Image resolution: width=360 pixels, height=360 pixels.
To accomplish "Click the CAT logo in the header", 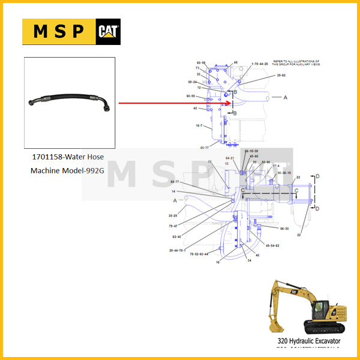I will [109, 32].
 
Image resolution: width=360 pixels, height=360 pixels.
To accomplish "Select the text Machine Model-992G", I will [67, 170].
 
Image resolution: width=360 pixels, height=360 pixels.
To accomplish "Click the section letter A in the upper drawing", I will [286, 97].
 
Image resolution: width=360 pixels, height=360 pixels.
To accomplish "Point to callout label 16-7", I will [199, 126].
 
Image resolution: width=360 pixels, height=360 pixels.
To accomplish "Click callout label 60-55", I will [191, 96].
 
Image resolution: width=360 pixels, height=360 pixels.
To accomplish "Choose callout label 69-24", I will [192, 82].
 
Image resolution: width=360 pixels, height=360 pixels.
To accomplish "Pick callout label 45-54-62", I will [269, 245].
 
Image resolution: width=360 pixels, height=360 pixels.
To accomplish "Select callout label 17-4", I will [277, 166].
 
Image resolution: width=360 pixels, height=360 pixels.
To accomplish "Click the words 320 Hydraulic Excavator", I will [308, 341].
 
